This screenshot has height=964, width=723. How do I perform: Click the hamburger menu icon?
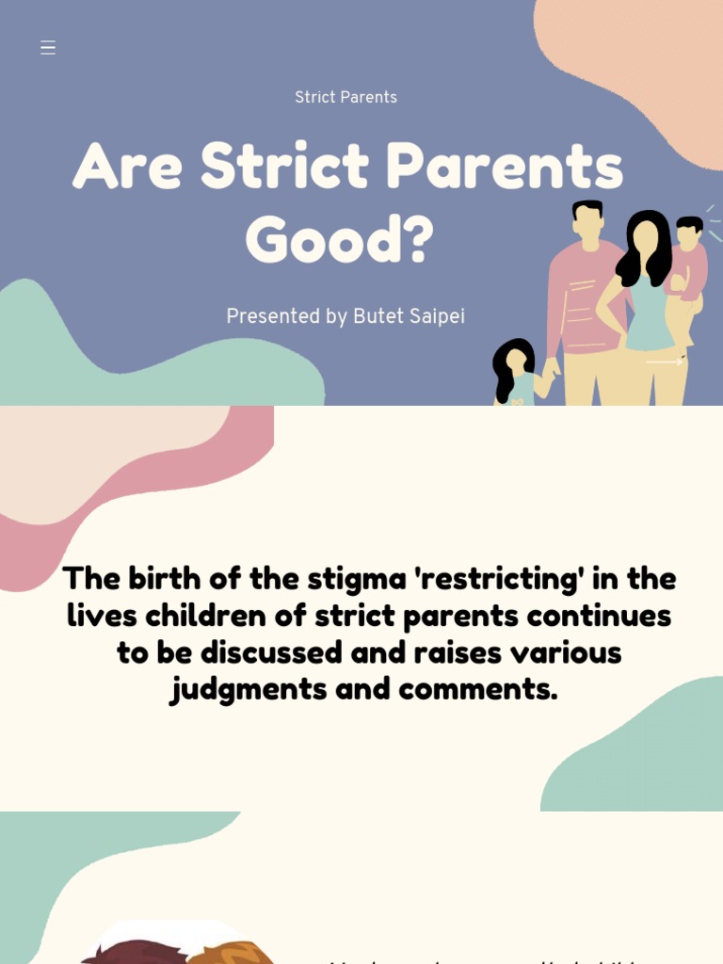point(48,48)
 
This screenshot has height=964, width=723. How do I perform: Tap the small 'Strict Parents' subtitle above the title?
point(345,98)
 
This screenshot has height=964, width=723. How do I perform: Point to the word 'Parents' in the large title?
point(505,168)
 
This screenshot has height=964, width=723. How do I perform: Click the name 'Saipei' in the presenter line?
point(434,317)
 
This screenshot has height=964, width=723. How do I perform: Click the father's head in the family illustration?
point(588,222)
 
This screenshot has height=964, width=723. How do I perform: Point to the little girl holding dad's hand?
point(515,370)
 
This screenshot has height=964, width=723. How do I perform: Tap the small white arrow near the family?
point(665,361)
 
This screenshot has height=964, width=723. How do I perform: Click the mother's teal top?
point(650,320)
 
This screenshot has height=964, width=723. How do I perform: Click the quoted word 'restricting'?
point(500,578)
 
